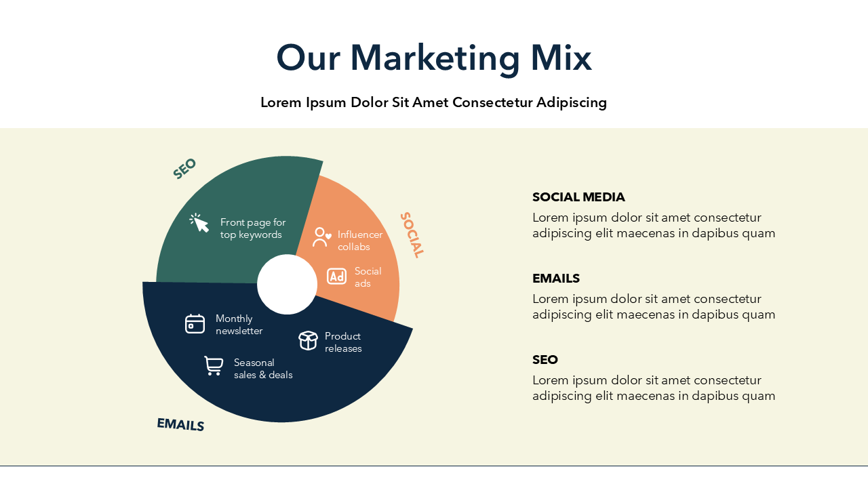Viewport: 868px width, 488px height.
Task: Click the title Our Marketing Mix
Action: click(434, 58)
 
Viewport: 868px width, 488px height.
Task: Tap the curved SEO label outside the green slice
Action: click(184, 169)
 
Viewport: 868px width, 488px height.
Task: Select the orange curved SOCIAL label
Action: click(412, 235)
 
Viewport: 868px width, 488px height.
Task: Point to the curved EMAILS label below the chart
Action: click(180, 424)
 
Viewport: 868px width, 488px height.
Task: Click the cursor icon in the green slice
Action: click(199, 223)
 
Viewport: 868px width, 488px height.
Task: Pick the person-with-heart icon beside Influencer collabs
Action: click(321, 237)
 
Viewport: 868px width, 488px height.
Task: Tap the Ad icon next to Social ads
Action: click(336, 277)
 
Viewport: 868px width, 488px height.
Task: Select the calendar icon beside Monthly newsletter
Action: click(195, 324)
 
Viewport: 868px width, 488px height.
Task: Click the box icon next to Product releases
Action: click(308, 341)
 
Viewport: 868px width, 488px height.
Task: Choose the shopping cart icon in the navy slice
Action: click(214, 366)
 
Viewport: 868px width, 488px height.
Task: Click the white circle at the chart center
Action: click(287, 284)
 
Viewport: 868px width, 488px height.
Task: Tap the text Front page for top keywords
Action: click(253, 228)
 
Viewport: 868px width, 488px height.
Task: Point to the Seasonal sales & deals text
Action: click(263, 369)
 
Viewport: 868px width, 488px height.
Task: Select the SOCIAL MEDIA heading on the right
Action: click(578, 197)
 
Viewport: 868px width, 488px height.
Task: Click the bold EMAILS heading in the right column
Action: click(555, 279)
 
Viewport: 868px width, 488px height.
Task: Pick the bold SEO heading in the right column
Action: click(545, 360)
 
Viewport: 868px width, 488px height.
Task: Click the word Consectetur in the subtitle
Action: click(492, 102)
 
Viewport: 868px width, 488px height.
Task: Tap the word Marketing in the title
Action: click(435, 59)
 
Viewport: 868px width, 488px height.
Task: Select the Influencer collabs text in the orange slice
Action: click(360, 241)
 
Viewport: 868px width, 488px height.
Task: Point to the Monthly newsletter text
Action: click(239, 325)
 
